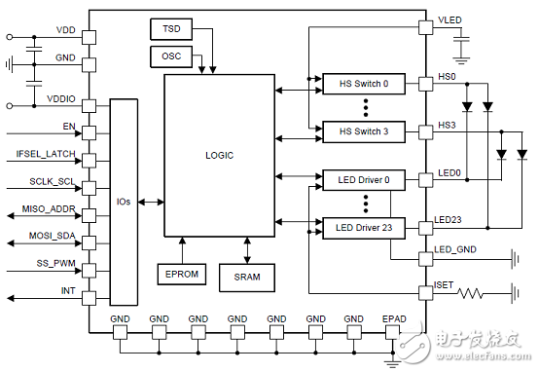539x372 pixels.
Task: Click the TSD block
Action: tap(172, 29)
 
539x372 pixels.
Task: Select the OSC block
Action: tap(172, 56)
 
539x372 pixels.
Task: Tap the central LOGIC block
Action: tap(219, 155)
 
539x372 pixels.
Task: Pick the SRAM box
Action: tap(246, 278)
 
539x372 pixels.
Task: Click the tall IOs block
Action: tap(124, 202)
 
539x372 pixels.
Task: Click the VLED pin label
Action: tap(450, 20)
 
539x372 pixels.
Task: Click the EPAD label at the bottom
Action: tap(395, 318)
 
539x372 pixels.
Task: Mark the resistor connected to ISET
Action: tap(472, 292)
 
